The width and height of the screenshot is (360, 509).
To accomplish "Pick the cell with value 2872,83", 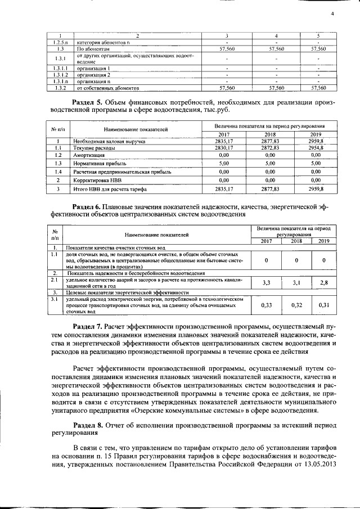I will pyautogui.click(x=271, y=147).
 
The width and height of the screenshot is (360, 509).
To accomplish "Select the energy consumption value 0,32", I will pyautogui.click(x=296, y=305).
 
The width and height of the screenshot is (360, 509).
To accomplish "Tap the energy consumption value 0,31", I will pyautogui.click(x=323, y=305).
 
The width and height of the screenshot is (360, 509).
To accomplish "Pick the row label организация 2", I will pyautogui.click(x=94, y=74).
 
